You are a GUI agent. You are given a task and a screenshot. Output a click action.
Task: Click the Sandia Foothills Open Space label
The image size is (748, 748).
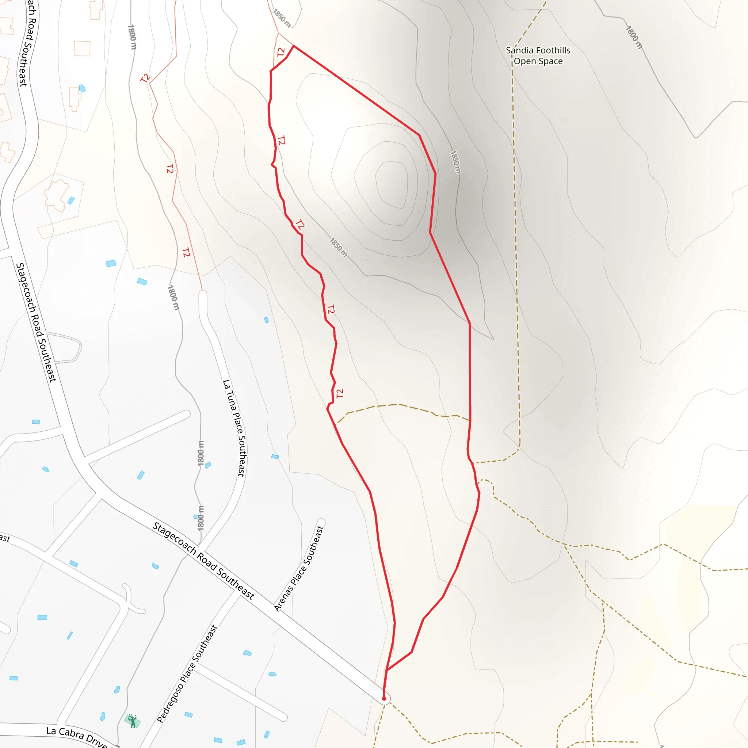click(x=538, y=56)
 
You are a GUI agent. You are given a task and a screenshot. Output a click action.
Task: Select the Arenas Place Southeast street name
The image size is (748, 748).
click(x=298, y=568)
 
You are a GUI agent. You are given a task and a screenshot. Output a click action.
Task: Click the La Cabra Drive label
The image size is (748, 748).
click(x=76, y=736)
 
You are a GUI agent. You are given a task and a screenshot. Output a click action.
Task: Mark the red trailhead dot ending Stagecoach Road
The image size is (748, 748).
click(x=384, y=698)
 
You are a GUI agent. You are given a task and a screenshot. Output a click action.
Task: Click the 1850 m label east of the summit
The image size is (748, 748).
click(x=455, y=161)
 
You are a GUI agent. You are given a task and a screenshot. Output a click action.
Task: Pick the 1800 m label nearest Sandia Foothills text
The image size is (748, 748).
click(x=634, y=37)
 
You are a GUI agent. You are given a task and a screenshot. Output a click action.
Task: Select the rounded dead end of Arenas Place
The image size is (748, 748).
click(x=321, y=522)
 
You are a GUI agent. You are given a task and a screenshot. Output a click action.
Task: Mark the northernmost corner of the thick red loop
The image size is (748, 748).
click(x=294, y=46)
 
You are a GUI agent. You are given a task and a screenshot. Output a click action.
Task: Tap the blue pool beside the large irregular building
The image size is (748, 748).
click(x=71, y=200)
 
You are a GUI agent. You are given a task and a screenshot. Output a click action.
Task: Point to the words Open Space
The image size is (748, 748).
click(x=538, y=61)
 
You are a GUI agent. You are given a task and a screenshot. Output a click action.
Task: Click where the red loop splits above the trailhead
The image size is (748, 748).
click(x=387, y=670)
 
